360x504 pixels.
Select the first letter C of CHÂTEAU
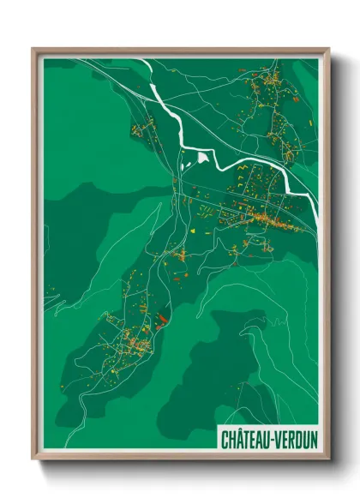click(x=225, y=441)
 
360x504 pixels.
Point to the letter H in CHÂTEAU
click(x=232, y=441)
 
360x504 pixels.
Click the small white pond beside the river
click(x=203, y=157)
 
